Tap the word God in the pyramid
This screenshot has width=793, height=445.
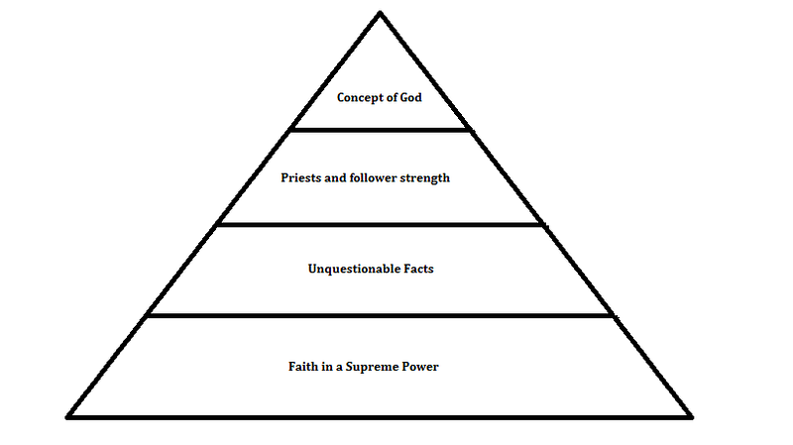tap(410, 97)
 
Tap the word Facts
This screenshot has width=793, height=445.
tap(418, 269)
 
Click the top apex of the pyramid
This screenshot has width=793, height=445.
tap(380, 12)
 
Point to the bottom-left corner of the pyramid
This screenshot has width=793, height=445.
tap(67, 417)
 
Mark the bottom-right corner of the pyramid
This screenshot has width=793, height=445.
tap(691, 417)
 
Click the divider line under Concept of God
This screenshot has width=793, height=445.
tap(381, 130)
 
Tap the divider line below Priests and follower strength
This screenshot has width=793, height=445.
tap(380, 225)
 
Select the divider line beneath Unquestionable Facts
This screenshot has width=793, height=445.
tap(381, 315)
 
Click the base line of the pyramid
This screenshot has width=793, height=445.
tap(380, 417)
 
